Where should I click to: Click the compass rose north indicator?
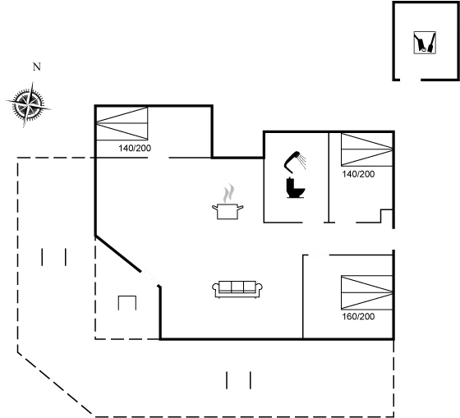29,102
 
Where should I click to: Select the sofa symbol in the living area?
237,287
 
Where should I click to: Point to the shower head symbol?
294,160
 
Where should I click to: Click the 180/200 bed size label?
358,316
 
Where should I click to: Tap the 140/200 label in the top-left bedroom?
133,149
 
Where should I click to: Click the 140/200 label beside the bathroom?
358,174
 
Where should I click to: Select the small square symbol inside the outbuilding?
423,43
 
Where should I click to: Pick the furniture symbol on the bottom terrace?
237,379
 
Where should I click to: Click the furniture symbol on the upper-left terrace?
53,257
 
